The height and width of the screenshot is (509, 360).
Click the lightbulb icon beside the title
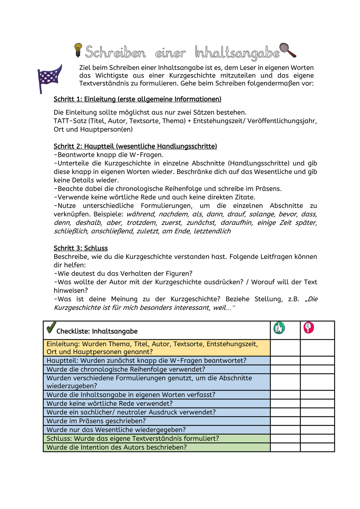[x=78, y=50]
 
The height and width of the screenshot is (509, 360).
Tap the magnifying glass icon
[x=287, y=50]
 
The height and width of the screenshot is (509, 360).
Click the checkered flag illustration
[x=50, y=78]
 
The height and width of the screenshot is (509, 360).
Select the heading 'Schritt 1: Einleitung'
[x=137, y=99]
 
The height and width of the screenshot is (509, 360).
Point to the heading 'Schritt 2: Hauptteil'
[x=135, y=146]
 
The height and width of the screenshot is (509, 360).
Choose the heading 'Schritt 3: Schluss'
[x=81, y=248]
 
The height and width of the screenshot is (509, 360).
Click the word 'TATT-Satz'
[x=70, y=121]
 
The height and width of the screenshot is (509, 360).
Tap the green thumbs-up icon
[x=279, y=328]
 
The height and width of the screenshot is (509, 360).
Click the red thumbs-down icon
[x=309, y=327]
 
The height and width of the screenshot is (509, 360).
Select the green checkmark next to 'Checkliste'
[x=51, y=328]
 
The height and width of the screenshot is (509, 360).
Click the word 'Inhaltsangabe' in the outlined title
[x=237, y=53]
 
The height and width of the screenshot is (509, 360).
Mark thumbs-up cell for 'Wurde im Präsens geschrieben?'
[x=285, y=421]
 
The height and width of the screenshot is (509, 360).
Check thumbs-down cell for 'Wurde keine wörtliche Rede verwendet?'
[x=317, y=403]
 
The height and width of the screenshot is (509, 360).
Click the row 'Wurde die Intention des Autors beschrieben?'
[x=117, y=447]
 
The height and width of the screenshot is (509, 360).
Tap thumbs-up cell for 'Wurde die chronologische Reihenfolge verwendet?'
[x=285, y=369]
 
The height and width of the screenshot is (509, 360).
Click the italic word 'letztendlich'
[x=212, y=231]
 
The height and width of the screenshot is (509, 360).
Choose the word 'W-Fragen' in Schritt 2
[x=147, y=155]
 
